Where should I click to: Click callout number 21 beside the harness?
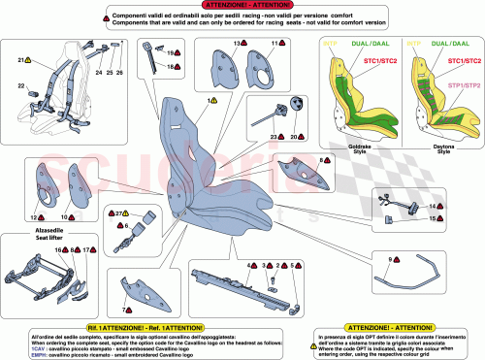(20, 60)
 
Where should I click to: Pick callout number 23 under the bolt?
(275, 138)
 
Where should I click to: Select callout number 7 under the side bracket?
(124, 309)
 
